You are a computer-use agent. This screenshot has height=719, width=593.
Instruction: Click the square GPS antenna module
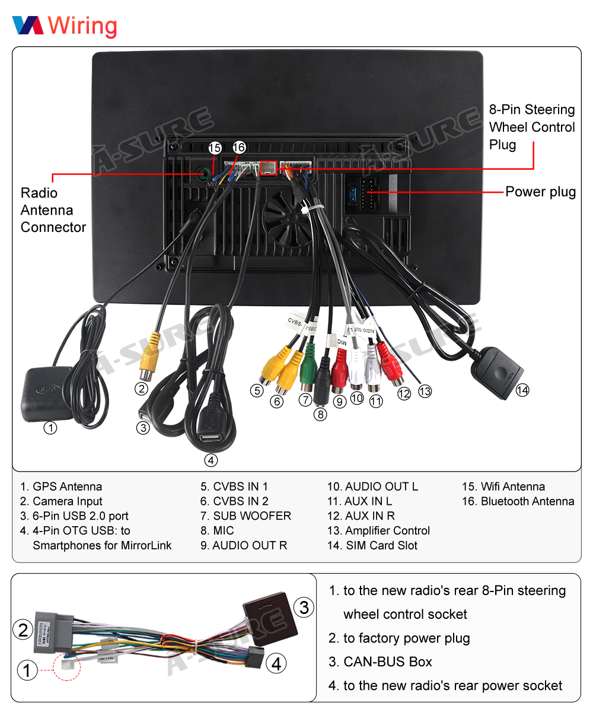(46, 393)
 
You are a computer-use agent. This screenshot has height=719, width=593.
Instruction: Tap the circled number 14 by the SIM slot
(522, 390)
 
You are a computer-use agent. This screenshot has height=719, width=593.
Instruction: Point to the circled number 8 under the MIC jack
(320, 414)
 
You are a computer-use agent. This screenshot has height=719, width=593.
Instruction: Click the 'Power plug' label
(540, 192)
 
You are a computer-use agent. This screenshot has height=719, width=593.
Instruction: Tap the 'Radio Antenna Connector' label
(53, 210)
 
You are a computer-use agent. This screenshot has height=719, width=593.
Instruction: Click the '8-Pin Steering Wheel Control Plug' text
(532, 127)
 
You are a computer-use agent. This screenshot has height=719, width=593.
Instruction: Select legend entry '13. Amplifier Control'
(378, 531)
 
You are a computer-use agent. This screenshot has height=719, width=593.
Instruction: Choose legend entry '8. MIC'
(217, 531)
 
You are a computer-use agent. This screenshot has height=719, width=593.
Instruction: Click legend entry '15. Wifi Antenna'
(503, 486)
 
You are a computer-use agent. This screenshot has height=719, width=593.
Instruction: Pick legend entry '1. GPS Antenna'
(61, 486)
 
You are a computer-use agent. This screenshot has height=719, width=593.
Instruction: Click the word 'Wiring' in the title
(82, 26)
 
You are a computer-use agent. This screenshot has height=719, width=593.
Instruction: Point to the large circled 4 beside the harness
(276, 664)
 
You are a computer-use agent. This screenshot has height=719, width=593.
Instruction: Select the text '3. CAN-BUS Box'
(380, 662)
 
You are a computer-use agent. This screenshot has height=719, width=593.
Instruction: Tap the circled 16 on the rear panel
(239, 148)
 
